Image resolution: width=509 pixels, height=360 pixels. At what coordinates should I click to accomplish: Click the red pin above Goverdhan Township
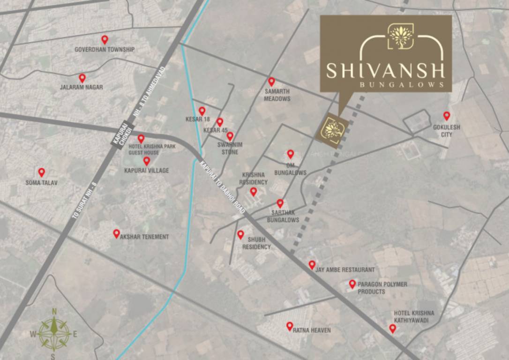[105, 39]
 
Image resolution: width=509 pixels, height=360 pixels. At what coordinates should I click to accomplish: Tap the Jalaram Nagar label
[82, 87]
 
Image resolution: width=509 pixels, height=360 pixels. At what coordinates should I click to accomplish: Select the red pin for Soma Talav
[41, 172]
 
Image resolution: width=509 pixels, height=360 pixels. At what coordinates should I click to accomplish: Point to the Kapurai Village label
[146, 171]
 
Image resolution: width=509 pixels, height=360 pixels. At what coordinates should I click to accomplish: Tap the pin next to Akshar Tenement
[116, 233]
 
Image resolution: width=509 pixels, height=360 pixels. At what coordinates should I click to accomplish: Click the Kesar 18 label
[197, 120]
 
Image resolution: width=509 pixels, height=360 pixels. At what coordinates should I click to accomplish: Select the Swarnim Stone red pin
[230, 136]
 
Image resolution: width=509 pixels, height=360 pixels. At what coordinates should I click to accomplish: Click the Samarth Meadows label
[277, 95]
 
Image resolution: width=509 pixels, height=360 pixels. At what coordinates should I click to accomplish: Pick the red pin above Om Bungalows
[290, 153]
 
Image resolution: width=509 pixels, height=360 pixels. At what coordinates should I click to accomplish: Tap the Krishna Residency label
[253, 179]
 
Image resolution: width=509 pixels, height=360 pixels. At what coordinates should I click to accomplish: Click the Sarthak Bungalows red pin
[280, 203]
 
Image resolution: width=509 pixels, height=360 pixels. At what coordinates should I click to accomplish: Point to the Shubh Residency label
[259, 243]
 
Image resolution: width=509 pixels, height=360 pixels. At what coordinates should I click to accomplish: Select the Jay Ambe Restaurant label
[345, 270]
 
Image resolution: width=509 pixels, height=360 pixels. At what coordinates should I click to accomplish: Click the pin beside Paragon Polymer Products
[352, 284]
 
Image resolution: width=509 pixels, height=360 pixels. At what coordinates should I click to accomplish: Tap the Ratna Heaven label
[312, 330]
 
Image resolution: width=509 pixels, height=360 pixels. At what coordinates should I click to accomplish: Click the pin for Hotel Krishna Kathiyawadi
[392, 329]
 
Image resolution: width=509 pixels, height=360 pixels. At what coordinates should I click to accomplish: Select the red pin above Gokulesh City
[446, 115]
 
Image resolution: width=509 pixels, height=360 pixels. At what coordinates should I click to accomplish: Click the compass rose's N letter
[54, 311]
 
